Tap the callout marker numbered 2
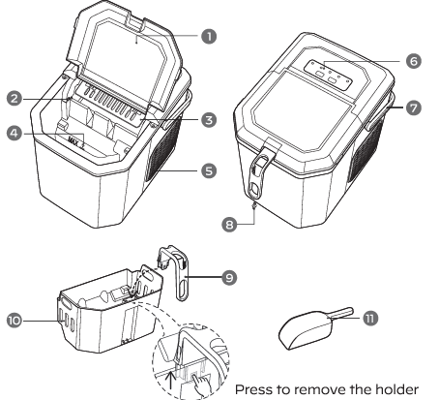(x=15, y=98)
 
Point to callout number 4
(x=15, y=134)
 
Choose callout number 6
(x=414, y=61)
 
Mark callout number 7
(x=414, y=107)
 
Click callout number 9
(x=227, y=276)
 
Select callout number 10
(x=15, y=318)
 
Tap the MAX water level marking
(x=73, y=140)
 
